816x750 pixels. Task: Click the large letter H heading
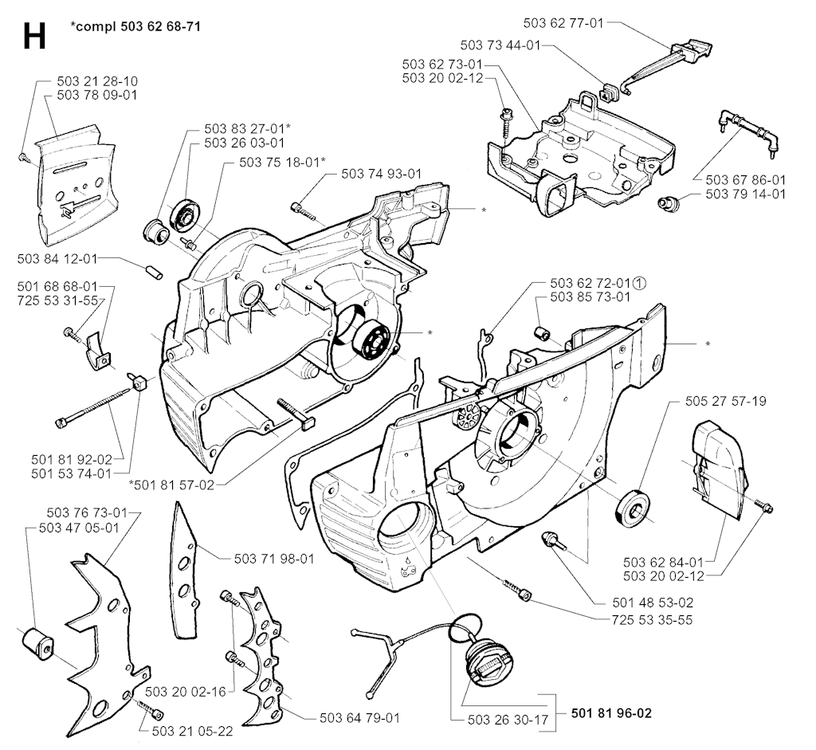tap(33, 35)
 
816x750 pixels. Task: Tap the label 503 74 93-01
tap(381, 174)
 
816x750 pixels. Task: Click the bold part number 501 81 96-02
tap(611, 713)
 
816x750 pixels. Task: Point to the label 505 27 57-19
tap(725, 401)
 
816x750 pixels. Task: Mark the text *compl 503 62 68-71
tap(135, 26)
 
